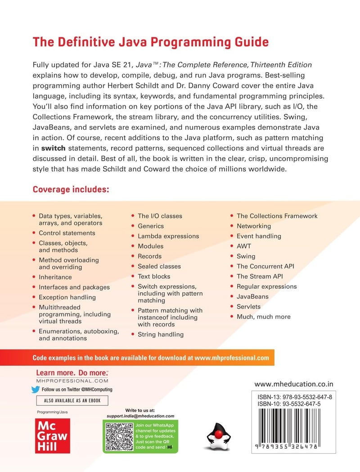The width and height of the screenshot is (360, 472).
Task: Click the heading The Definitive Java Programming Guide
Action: pos(150,42)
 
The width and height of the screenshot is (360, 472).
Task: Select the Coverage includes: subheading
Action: pos(71,190)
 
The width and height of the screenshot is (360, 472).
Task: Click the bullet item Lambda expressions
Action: pos(168,236)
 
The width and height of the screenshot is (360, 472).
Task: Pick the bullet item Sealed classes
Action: pos(159,266)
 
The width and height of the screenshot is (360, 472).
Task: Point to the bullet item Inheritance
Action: pos(55,277)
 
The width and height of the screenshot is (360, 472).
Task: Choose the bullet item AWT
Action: pos(244,246)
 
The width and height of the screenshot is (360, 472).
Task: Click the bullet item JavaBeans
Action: pos(252,296)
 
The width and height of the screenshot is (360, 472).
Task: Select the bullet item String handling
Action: pos(161,334)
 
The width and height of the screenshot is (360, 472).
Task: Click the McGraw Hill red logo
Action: pos(52,436)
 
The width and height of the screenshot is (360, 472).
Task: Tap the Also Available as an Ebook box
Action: pos(72,400)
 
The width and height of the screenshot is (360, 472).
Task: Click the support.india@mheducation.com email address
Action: pos(140,416)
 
